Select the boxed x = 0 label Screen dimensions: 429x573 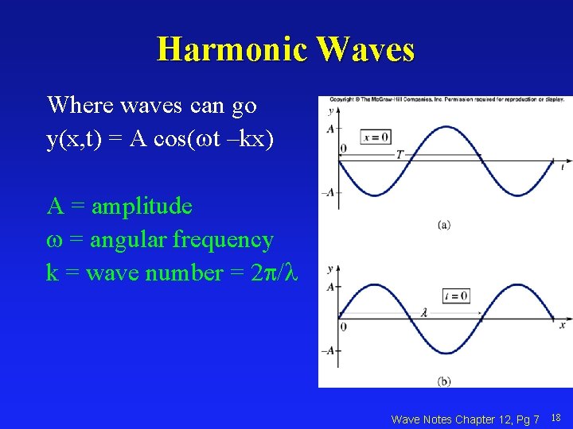point(376,137)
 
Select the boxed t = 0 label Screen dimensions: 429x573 point(456,296)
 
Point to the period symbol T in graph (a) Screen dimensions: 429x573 point(400,154)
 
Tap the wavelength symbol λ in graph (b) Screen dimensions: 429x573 point(424,314)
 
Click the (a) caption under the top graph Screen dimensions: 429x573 point(443,225)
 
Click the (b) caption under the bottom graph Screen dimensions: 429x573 point(443,381)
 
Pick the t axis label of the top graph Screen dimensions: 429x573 point(562,168)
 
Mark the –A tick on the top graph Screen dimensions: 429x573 point(327,192)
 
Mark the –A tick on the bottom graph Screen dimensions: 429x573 point(327,350)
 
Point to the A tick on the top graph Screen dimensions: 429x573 point(329,128)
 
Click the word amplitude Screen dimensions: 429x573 point(142,207)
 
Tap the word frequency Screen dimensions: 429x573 point(227,239)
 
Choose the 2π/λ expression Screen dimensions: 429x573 point(273,272)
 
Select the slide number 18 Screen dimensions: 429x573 point(555,418)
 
